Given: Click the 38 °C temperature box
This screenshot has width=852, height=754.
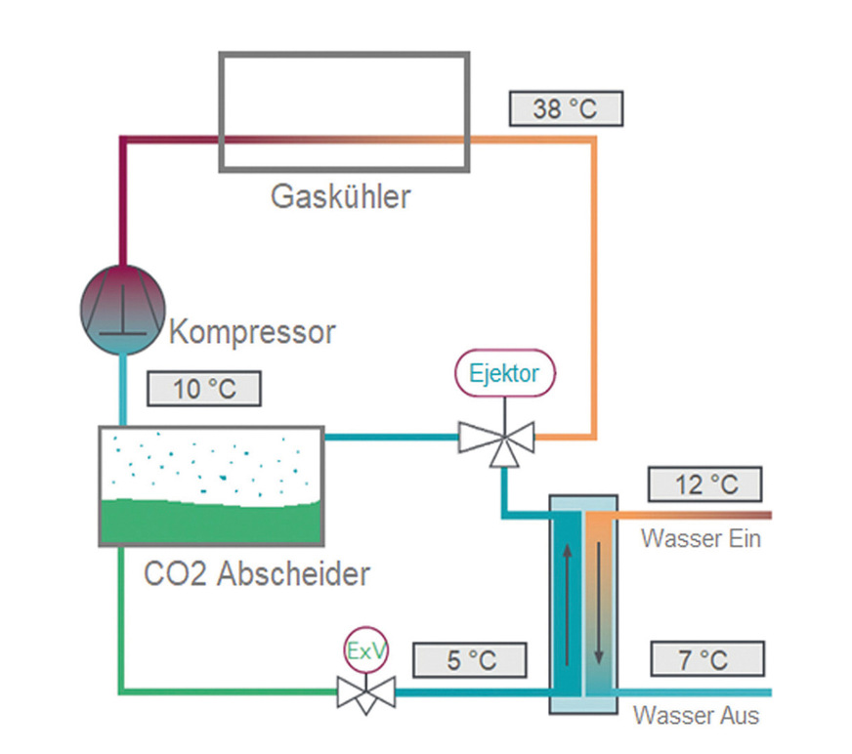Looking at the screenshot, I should coord(565,107).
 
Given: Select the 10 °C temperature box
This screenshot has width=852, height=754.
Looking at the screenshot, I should coord(204,389).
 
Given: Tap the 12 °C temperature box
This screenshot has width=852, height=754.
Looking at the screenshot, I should coord(705,484).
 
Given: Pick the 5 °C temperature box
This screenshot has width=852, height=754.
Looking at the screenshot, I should coord(470,659).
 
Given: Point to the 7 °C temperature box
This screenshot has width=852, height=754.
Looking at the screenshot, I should coord(705,659).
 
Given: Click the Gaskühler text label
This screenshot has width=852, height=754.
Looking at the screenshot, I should coord(340,196).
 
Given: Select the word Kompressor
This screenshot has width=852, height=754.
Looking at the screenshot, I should coord(252,332).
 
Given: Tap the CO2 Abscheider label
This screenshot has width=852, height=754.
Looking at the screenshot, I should coord(257,572).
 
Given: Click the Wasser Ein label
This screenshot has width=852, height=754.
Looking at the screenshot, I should coord(700,537).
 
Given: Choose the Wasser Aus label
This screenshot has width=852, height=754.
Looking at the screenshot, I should coord(696,715).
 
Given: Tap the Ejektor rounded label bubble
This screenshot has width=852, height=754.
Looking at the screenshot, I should coord(504,374).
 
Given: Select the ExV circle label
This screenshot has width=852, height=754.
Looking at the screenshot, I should coord(364,650).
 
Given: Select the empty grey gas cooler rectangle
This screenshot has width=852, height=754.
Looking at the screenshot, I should coord(343,110).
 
